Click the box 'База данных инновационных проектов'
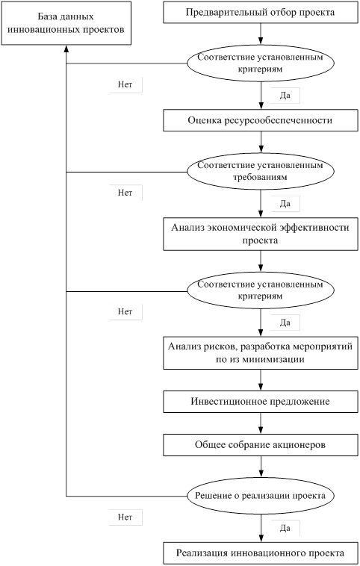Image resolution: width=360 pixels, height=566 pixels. pos(66,23)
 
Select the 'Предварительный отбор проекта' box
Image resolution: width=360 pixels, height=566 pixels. pos(261,13)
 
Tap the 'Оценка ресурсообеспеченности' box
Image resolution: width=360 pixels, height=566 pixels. pos(261,120)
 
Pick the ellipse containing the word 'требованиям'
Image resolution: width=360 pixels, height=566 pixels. pos(261,171)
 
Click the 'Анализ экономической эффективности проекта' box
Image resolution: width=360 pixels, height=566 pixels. pos(261,234)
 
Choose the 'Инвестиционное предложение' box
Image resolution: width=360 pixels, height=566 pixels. pos(261,402)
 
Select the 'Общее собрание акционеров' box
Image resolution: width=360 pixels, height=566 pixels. pos(261,445)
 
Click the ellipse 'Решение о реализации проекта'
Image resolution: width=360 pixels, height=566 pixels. pos(261,496)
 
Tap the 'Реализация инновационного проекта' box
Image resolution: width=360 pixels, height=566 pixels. pos(261,553)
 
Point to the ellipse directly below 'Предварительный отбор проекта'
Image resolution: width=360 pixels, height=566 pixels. pos(261,63)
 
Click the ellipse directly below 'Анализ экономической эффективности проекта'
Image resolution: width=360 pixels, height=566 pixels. pos(261,290)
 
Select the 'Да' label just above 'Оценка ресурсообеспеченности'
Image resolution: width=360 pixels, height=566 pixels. pos(285,96)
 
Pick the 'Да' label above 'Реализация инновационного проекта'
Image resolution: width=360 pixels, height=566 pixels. pos(285,528)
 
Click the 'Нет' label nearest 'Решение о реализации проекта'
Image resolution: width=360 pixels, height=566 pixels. pos(125,517)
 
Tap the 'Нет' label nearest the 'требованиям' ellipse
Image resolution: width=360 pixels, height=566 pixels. pos(125,193)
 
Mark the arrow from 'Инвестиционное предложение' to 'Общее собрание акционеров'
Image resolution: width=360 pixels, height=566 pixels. pos(261,423)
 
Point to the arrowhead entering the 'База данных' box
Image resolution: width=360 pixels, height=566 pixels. pos(66,49)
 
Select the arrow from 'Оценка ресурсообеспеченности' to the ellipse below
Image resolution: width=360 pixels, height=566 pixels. pos(261,142)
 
